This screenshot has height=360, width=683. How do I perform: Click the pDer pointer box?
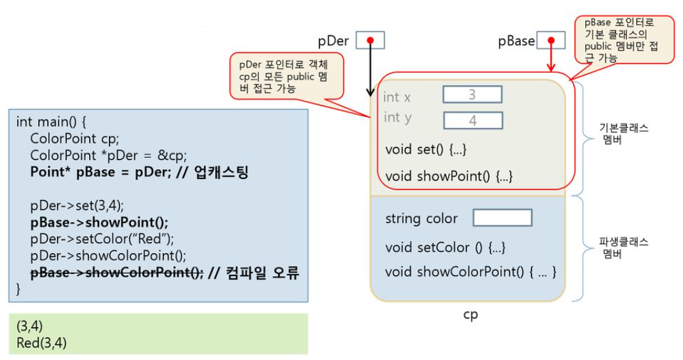(x=370, y=41)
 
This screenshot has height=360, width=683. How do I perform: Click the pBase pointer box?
(x=551, y=41)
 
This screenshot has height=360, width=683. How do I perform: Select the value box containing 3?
(x=472, y=94)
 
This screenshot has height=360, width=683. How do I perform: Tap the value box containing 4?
(x=473, y=121)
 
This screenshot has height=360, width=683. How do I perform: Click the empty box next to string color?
(x=502, y=218)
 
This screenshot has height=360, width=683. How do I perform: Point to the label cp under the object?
(x=470, y=314)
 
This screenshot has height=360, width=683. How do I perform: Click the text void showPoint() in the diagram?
(x=449, y=176)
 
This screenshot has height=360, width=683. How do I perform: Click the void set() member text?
(x=426, y=149)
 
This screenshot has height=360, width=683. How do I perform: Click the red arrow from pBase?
(x=551, y=59)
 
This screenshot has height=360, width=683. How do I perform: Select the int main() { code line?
(x=51, y=121)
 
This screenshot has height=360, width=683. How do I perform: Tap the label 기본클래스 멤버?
(x=624, y=134)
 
